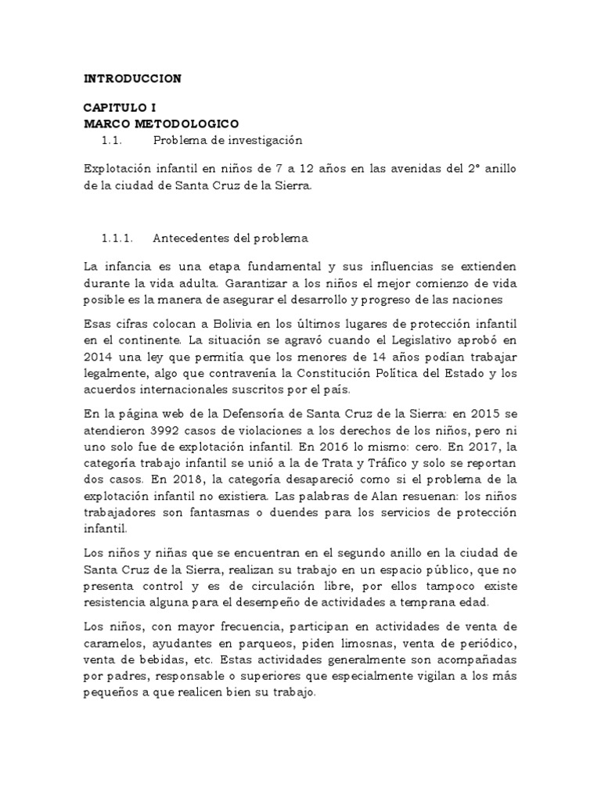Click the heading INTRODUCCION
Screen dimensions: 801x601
point(132,78)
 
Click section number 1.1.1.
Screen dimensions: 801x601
point(118,238)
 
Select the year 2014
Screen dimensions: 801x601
point(99,356)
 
